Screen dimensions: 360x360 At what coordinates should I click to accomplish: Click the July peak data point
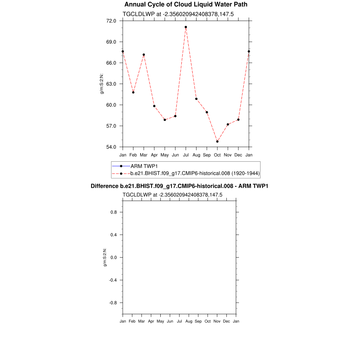click(x=186, y=27)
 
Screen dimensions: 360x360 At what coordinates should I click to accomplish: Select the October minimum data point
click(x=217, y=141)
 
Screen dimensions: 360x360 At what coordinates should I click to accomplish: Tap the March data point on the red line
click(x=144, y=54)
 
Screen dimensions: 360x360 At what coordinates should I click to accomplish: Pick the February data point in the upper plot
click(x=133, y=92)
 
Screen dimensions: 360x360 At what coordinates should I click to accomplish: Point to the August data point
click(x=196, y=99)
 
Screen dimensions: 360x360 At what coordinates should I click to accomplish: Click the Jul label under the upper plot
click(x=186, y=155)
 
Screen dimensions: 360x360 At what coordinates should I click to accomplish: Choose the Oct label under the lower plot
click(x=207, y=321)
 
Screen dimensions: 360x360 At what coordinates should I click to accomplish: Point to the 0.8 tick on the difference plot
click(x=114, y=212)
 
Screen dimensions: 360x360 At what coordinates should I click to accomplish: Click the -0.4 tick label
click(x=112, y=280)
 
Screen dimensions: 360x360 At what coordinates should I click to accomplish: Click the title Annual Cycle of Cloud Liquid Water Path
click(x=186, y=5)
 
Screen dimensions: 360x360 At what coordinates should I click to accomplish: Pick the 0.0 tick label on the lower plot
click(x=114, y=258)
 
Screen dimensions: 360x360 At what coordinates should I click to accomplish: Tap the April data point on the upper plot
click(x=154, y=106)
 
